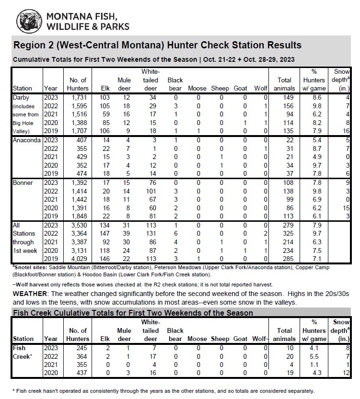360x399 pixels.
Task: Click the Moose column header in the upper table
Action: click(x=197, y=88)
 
